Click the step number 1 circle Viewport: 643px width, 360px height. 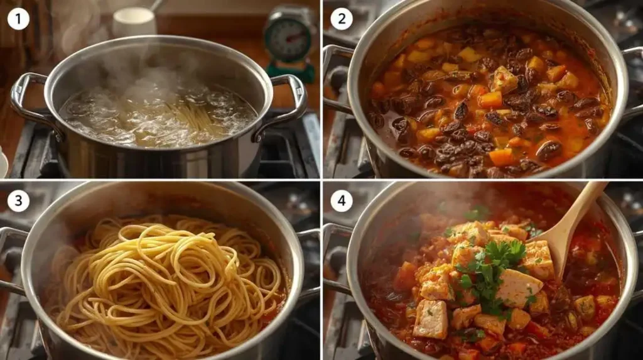[19, 19]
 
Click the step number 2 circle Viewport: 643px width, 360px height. [342, 19]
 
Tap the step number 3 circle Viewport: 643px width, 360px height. [19, 202]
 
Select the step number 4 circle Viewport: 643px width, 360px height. [342, 202]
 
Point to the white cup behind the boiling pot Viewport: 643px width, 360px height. [134, 22]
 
